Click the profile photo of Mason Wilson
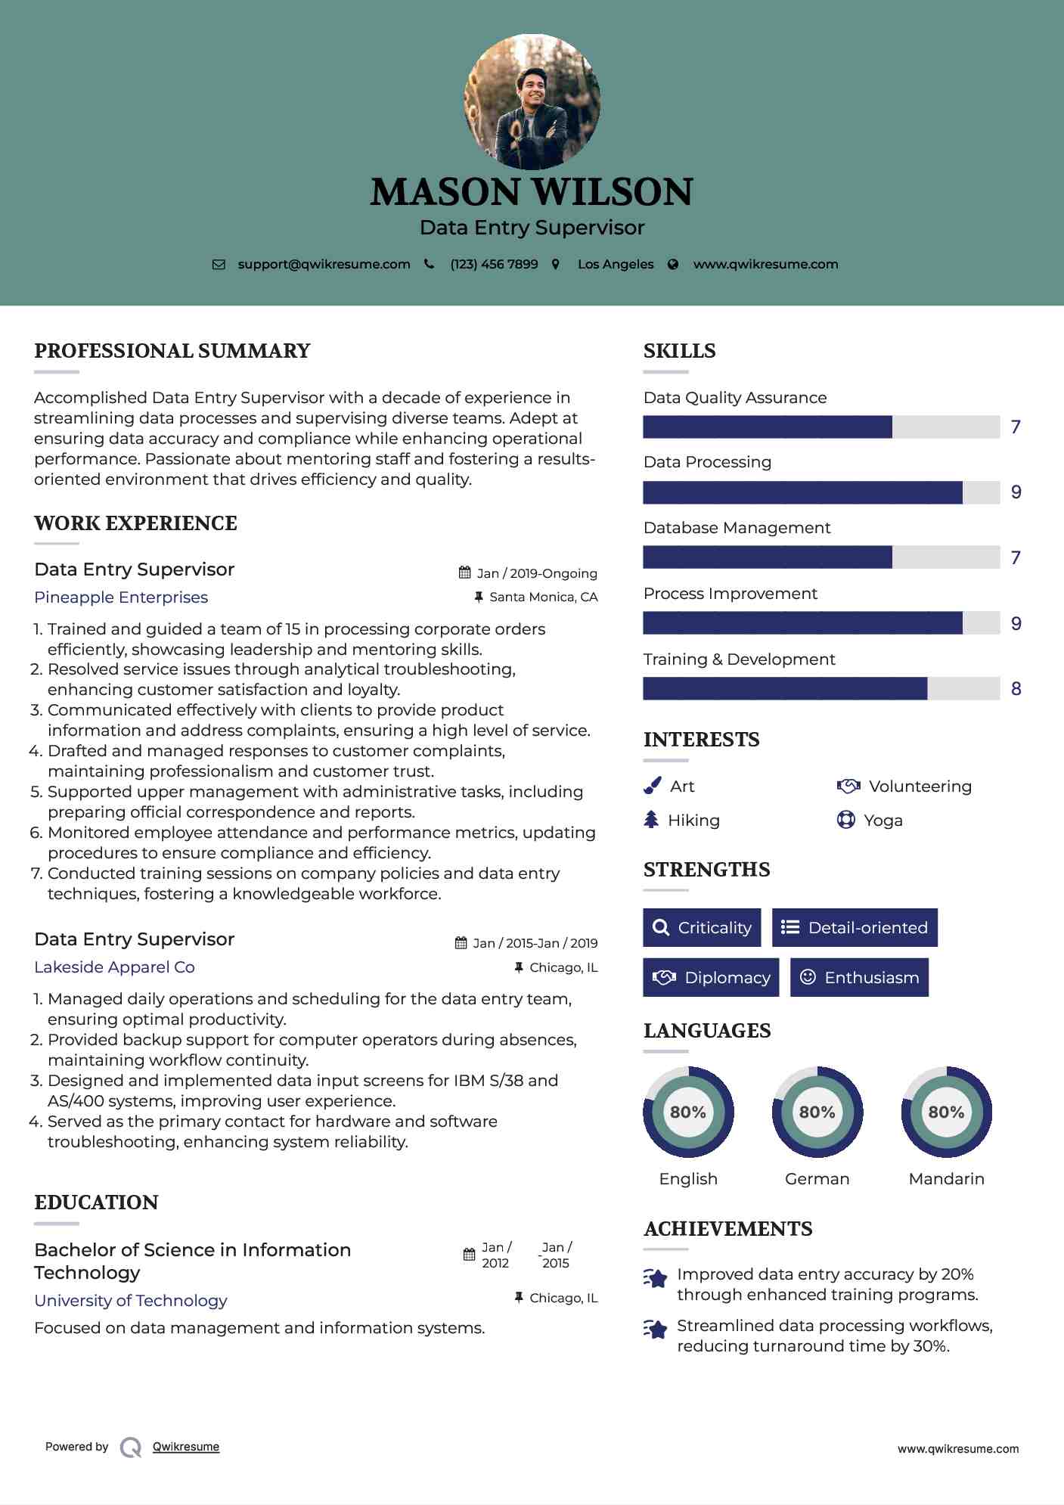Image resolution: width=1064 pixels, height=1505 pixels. click(532, 101)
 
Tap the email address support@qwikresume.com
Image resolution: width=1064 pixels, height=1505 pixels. click(324, 264)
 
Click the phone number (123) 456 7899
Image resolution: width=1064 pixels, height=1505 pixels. click(494, 264)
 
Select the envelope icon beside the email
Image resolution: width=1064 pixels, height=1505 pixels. click(219, 265)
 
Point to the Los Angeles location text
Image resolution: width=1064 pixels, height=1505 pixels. click(616, 264)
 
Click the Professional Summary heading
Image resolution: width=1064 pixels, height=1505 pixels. click(172, 351)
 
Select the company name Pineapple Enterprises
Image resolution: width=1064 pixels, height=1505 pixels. click(121, 597)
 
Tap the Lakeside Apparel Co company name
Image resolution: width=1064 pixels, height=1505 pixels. click(114, 967)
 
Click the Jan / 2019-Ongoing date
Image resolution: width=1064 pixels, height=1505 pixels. click(536, 573)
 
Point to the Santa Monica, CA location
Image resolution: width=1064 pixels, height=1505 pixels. click(543, 597)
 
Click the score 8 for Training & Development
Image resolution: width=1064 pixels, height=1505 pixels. click(1016, 689)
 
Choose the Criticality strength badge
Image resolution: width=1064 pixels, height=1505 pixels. click(702, 928)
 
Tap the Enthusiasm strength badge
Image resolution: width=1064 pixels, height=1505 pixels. click(859, 978)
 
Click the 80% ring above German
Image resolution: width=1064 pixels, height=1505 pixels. click(817, 1112)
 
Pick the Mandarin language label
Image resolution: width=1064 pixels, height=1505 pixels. click(946, 1179)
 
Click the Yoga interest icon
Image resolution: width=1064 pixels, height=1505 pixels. click(845, 820)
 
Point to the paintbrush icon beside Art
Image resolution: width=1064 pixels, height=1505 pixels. click(652, 786)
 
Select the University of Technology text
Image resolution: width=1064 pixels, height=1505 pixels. click(130, 1301)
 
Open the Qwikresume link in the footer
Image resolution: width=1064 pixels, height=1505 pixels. click(186, 1447)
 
